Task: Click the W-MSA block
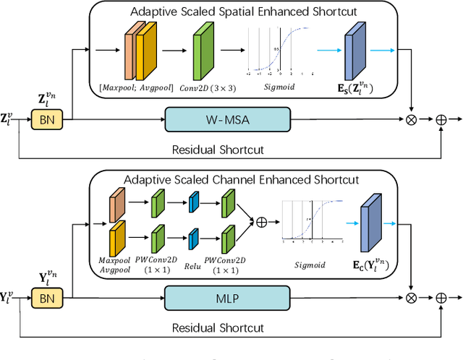228,119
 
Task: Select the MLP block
228,297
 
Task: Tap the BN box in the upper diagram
46,120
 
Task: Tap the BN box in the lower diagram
46,298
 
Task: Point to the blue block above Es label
354,48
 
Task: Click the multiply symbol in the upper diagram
412,120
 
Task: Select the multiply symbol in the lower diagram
412,298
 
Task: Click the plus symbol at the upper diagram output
441,120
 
